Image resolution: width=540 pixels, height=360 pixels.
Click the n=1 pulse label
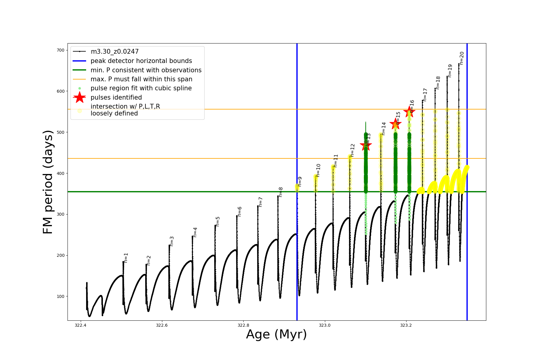[x=126, y=258]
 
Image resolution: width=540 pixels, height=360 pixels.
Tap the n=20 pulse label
[x=462, y=58]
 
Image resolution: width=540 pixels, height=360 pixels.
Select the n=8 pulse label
[x=280, y=192]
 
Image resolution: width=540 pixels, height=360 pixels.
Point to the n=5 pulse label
[x=218, y=221]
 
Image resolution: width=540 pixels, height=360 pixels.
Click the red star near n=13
[x=366, y=146]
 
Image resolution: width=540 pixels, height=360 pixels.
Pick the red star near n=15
[x=395, y=124]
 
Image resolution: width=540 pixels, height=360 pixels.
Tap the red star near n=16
[x=409, y=112]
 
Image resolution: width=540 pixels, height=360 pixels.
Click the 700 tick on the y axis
[x=61, y=50]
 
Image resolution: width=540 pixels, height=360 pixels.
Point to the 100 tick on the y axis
[x=61, y=296]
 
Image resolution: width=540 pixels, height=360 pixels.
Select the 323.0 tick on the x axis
[x=325, y=325]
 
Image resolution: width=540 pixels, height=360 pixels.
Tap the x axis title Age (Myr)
[x=276, y=334]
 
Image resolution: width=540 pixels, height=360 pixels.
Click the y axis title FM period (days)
[x=48, y=182]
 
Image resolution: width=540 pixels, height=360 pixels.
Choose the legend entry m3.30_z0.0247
[x=115, y=52]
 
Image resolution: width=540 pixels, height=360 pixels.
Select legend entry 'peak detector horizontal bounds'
[x=141, y=61]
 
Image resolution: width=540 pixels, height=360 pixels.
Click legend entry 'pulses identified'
[x=116, y=97]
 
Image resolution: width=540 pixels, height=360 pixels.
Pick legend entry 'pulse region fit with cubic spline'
[x=141, y=88]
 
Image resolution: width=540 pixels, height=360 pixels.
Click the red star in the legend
[x=79, y=97]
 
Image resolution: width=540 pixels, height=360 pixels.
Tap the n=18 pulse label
[x=438, y=83]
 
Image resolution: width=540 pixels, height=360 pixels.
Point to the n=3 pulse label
[x=172, y=241]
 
